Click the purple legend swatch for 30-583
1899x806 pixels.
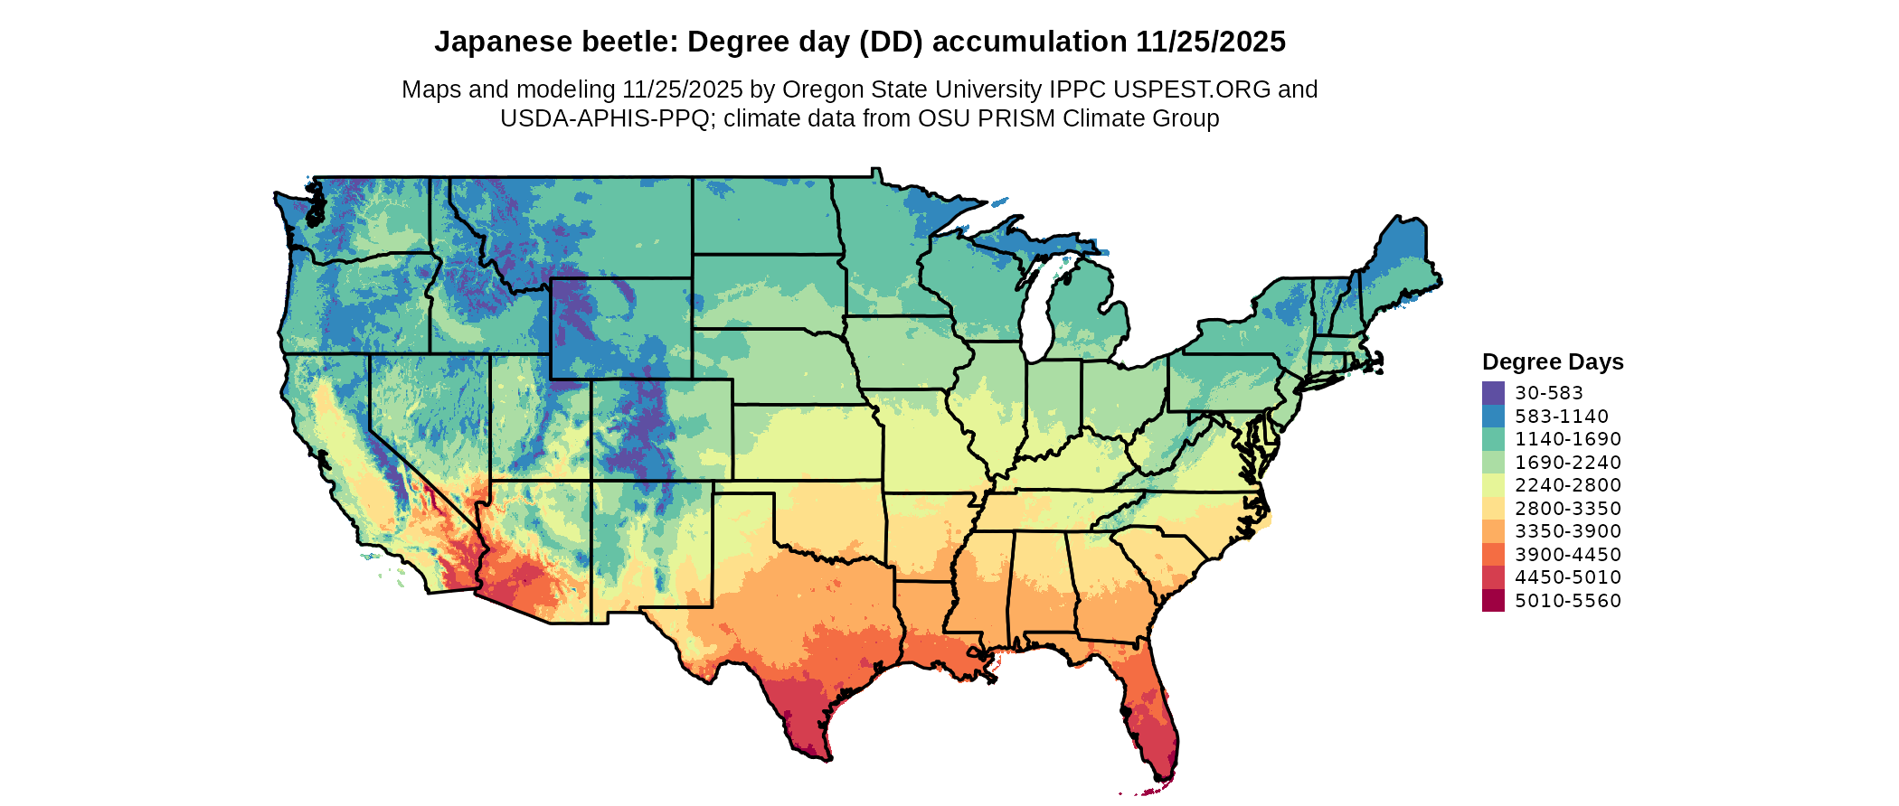click(1493, 393)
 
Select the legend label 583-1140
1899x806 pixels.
click(1562, 417)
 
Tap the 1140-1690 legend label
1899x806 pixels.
click(1568, 439)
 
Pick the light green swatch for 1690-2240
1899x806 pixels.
click(1493, 463)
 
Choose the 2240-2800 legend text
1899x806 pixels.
click(1568, 485)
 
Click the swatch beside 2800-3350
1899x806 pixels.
click(1493, 509)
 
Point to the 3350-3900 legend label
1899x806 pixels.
click(1568, 531)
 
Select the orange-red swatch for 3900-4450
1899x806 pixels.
click(1493, 555)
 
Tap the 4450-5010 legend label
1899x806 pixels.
click(1568, 577)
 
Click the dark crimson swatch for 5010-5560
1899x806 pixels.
click(1493, 601)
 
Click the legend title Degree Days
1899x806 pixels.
click(1553, 362)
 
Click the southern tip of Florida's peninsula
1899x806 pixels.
click(1163, 777)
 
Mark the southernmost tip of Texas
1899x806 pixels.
click(825, 759)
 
